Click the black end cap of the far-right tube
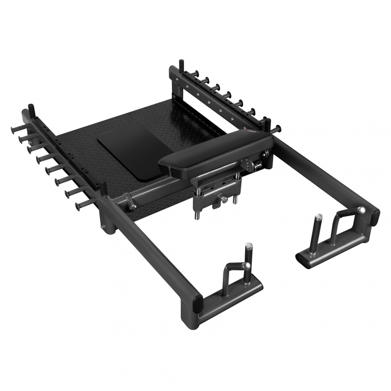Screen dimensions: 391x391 click(x=371, y=213)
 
